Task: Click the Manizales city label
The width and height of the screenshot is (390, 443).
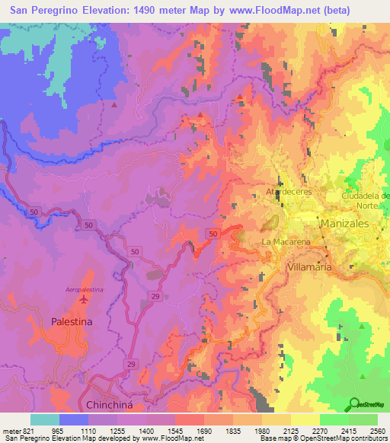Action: (x=344, y=225)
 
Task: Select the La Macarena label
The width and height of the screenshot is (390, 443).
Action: (x=287, y=242)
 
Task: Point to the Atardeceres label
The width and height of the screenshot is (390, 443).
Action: (x=289, y=192)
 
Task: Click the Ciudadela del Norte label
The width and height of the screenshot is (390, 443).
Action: (x=365, y=199)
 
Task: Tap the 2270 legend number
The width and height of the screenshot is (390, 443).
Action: (x=318, y=430)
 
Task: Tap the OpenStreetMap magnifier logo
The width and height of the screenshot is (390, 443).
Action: (x=355, y=403)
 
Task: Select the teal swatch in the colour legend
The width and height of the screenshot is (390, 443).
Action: (x=44, y=419)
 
